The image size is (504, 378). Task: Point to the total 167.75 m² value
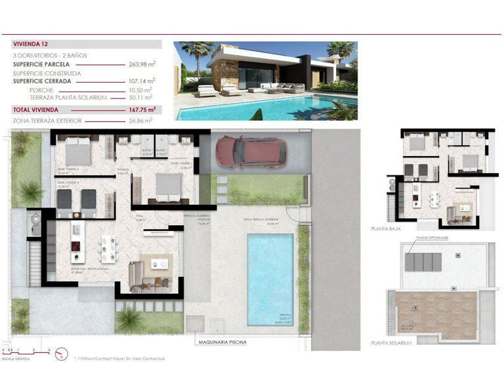pyautogui.click(x=142, y=110)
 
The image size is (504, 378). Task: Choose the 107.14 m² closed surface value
pyautogui.click(x=140, y=82)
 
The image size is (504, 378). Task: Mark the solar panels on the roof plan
pyautogui.click(x=423, y=262)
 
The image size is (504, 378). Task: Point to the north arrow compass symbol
pyautogui.click(x=60, y=356)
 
